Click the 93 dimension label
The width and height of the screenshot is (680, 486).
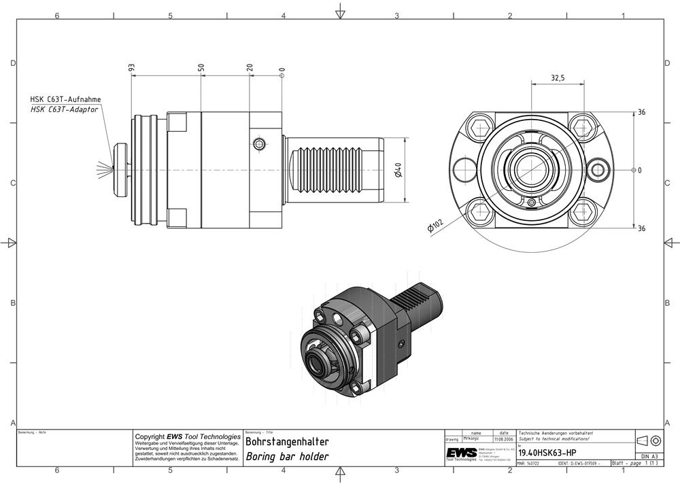[x=132, y=68]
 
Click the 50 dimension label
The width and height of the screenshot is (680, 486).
[x=201, y=68]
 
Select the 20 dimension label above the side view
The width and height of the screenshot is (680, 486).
[x=250, y=68]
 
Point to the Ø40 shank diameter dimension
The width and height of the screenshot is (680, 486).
[x=399, y=169]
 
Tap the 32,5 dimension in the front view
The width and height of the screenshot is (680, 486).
[x=558, y=79]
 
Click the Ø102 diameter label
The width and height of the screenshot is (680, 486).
[x=436, y=226]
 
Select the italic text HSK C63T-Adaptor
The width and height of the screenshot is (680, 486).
[x=65, y=109]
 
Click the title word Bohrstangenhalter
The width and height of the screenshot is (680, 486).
[x=287, y=442]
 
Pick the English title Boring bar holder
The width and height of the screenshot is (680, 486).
[x=287, y=457]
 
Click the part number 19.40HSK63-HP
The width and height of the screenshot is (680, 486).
[x=547, y=453]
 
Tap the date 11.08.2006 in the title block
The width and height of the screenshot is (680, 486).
[x=504, y=439]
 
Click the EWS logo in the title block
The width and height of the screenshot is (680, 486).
[x=461, y=453]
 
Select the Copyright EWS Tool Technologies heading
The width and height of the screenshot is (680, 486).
[x=188, y=436]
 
